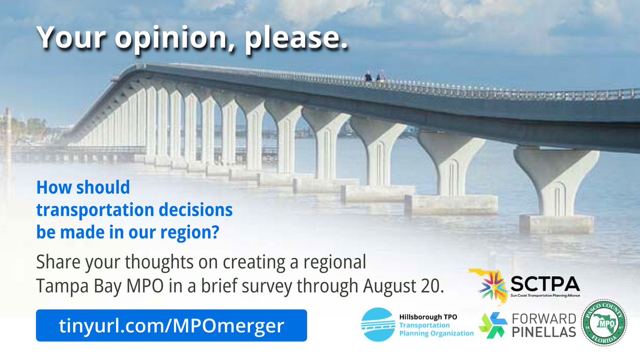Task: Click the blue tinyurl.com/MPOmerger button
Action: pos(171,325)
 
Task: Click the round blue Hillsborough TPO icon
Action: pos(379,325)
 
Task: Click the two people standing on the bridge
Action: pos(374,76)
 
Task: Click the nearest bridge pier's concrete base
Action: pos(556,223)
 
